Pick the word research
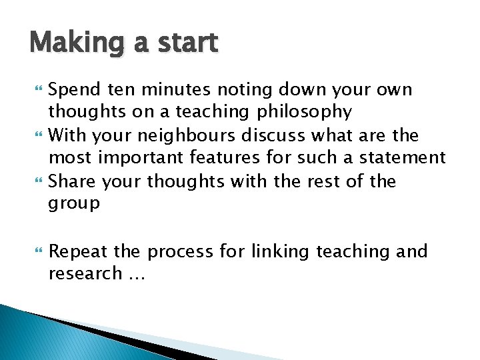(x=85, y=274)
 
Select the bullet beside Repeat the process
(x=36, y=252)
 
